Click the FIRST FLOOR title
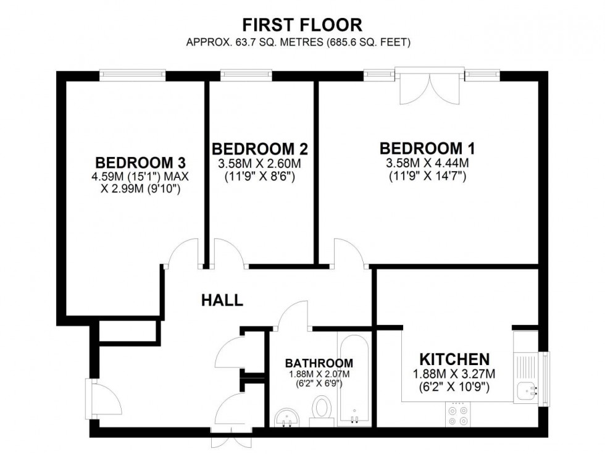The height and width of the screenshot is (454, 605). (302, 25)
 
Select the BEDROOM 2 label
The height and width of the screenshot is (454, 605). (260, 149)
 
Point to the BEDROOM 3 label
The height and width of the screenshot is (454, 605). (141, 163)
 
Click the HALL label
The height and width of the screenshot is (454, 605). (222, 301)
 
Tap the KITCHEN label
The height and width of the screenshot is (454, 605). (454, 359)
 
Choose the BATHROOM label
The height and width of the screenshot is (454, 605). (319, 363)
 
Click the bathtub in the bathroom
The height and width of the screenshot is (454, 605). (354, 380)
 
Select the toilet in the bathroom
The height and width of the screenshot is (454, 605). (321, 410)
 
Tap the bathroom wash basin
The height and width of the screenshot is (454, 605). (286, 417)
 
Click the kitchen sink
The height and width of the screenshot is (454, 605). (526, 390)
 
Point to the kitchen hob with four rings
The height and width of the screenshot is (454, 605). (457, 414)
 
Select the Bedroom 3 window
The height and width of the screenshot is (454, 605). (134, 75)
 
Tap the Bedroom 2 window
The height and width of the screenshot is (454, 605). (246, 75)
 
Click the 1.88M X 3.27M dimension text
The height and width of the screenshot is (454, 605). (454, 374)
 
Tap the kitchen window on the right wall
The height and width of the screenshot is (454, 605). (544, 378)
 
